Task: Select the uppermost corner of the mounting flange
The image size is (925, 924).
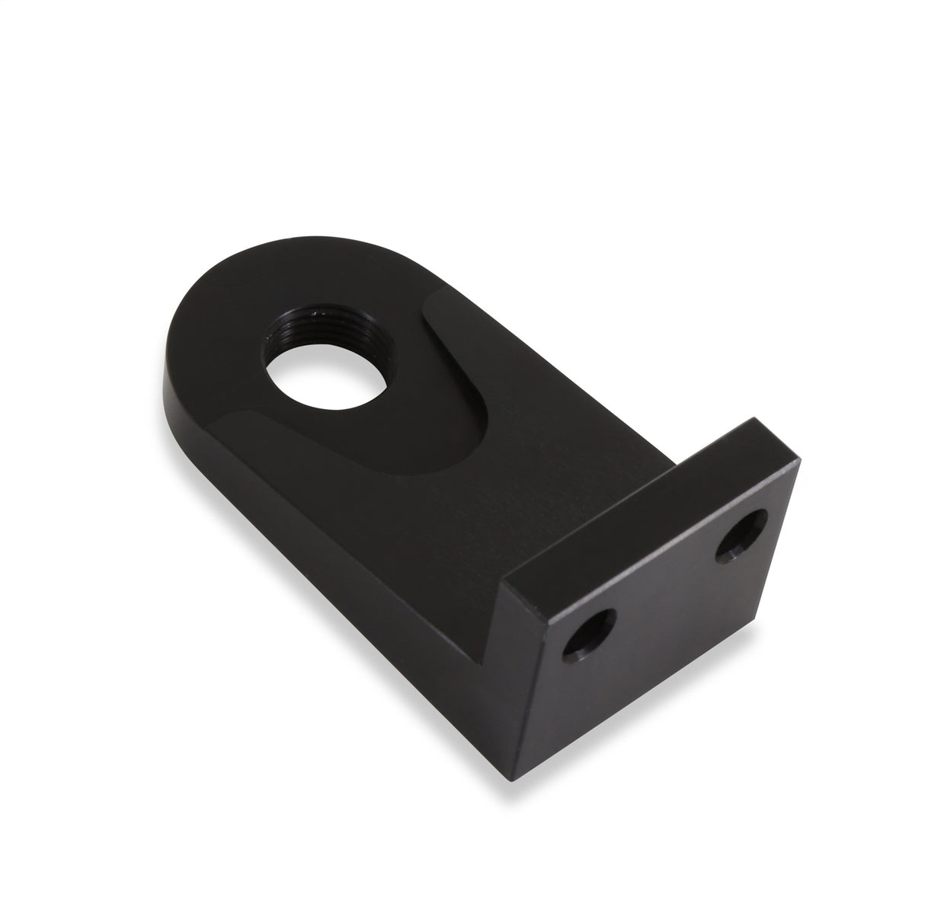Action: click(x=753, y=418)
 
